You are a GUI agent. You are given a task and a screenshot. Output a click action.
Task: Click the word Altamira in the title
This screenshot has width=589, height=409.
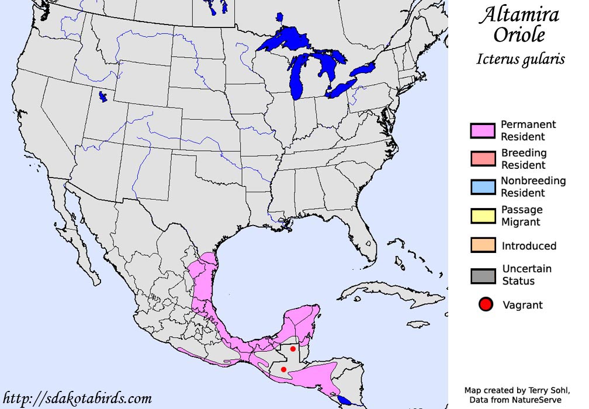click(x=518, y=16)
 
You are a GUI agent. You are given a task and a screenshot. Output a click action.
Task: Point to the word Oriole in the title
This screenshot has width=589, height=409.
click(x=519, y=35)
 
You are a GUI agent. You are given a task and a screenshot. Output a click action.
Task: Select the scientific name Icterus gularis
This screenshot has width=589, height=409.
click(x=521, y=59)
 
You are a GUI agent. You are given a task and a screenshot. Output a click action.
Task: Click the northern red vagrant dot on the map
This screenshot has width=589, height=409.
click(x=293, y=349)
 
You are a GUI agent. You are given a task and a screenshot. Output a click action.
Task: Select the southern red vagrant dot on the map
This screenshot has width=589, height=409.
click(x=283, y=369)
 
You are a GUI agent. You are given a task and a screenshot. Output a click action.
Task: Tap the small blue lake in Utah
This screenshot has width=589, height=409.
click(x=103, y=96)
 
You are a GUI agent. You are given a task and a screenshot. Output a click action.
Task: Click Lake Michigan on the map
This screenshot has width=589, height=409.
click(x=300, y=79)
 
